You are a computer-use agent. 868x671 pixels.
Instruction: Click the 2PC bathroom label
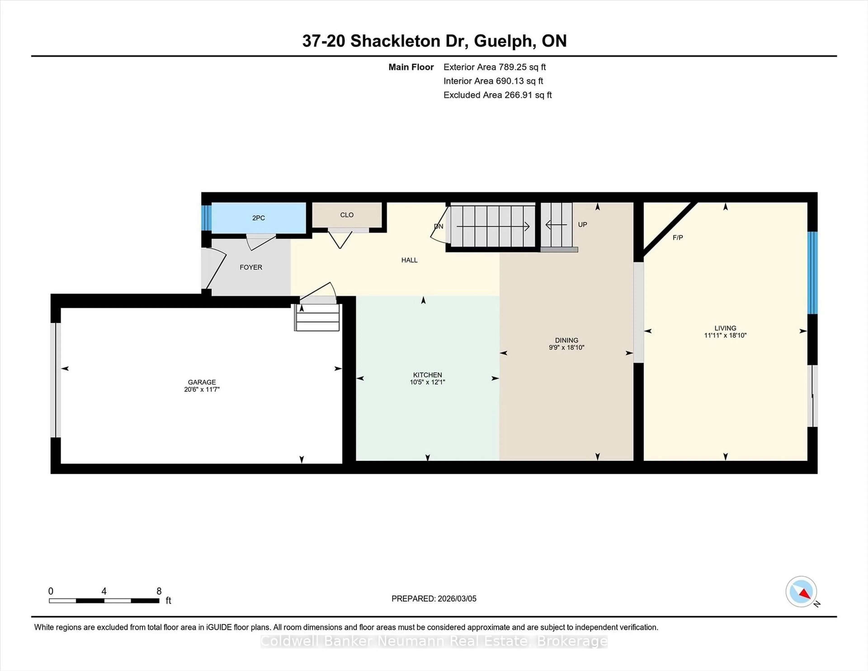pos(258,218)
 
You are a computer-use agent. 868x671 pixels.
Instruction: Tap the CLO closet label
pos(347,215)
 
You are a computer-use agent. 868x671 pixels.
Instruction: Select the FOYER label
pos(251,267)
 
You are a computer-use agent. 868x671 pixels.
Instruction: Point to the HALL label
pos(409,260)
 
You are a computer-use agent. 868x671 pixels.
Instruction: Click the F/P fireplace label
pos(678,237)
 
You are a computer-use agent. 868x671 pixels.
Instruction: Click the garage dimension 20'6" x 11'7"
pos(201,389)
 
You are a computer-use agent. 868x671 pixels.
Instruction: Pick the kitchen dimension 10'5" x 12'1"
pos(427,382)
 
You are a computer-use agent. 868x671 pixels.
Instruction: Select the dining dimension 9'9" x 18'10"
pos(566,347)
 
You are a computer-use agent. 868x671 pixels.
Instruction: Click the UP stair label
pos(582,224)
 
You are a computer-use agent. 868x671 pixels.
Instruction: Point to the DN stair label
pos(438,226)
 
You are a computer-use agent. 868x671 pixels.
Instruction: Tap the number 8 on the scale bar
pos(159,591)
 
